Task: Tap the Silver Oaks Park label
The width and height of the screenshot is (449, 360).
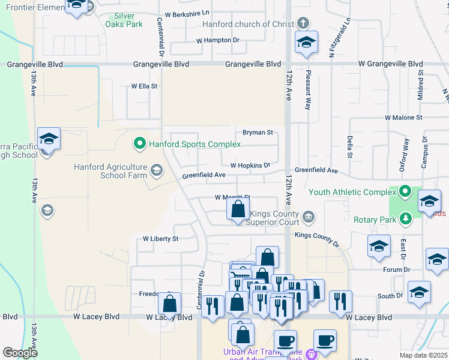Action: coord(124,20)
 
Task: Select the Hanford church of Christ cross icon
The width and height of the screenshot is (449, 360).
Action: coord(304,24)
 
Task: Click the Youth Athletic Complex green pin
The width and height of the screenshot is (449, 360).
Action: coord(405,192)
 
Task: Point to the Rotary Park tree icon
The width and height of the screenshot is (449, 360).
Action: coord(406,219)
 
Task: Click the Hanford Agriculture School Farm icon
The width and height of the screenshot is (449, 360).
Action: coord(156,171)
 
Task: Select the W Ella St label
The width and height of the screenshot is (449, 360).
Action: coord(144,86)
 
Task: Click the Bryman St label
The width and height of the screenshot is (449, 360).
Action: coord(258,132)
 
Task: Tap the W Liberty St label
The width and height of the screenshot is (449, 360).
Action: coord(160,239)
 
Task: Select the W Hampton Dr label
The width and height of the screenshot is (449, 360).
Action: coord(218,40)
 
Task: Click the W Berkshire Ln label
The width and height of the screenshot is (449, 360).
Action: coord(187,13)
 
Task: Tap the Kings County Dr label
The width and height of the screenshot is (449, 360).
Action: coord(317,238)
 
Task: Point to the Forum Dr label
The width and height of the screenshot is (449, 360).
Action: coord(397,270)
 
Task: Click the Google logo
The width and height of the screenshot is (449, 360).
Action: coord(20,353)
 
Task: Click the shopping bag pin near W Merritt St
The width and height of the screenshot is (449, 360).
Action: coord(238,209)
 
